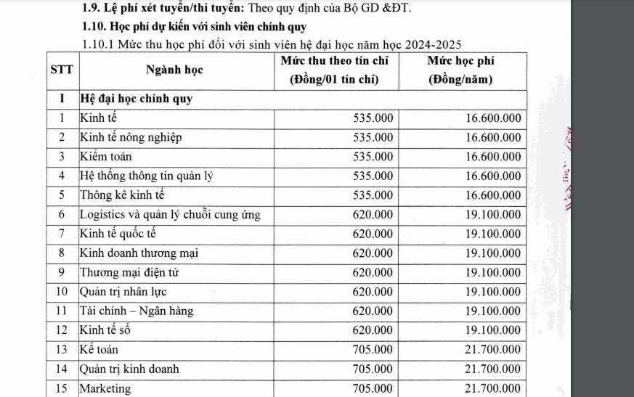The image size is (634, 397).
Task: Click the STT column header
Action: tap(62, 70)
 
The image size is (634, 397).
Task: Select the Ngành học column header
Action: tap(174, 70)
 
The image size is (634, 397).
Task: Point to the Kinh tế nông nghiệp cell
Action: tap(131, 137)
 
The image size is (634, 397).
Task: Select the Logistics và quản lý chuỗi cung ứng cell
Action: tap(169, 214)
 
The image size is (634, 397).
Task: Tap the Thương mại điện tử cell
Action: tap(129, 272)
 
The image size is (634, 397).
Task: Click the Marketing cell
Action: tap(105, 388)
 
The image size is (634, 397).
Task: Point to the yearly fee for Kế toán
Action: tap(493, 350)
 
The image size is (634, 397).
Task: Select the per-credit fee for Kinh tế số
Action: tap(373, 330)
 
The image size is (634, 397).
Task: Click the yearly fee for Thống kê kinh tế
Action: tap(493, 195)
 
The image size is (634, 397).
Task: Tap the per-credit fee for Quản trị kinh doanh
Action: tap(373, 369)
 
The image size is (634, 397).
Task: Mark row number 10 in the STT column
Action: tap(62, 292)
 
